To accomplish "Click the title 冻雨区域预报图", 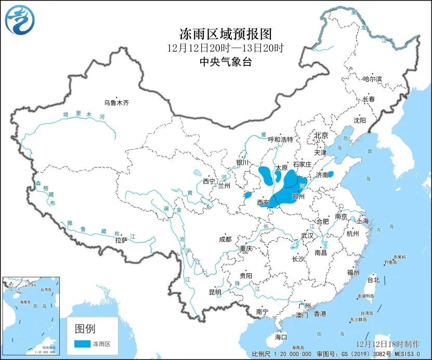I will point(226,34).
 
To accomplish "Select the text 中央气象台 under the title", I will point(226,61).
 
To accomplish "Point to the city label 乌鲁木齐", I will point(116,103).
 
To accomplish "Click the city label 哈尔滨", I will point(372,79).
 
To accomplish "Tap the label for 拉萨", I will point(121,240).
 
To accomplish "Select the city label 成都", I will point(225,240).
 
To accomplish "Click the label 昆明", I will point(215,292).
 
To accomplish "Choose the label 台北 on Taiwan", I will point(373,280).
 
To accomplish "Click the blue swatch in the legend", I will point(82,344).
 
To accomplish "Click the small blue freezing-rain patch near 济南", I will point(331,174).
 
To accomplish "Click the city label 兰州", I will point(224,186).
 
